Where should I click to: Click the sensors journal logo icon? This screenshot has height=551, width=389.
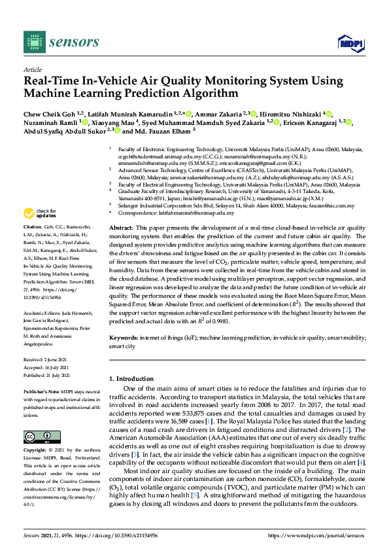(x=33, y=43)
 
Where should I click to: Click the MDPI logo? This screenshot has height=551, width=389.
(x=349, y=43)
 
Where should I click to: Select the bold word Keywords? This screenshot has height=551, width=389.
(x=124, y=337)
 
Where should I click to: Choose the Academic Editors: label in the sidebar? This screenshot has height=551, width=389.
(x=43, y=313)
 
